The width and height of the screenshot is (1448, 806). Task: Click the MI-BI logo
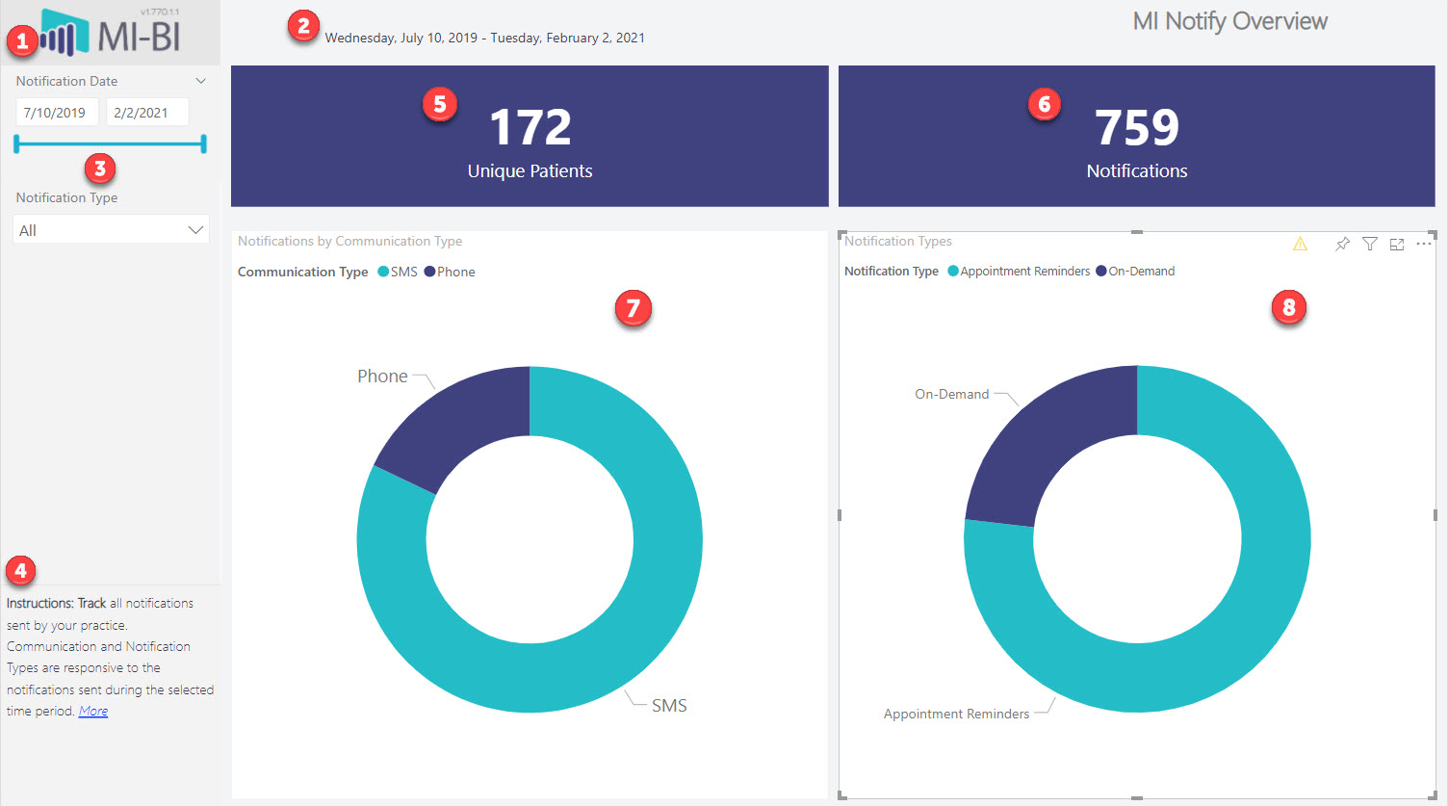(x=110, y=33)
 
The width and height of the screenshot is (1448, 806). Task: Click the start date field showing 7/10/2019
(x=57, y=113)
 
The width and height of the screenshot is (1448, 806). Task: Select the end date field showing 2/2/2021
(x=147, y=113)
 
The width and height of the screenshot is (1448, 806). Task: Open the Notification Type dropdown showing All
(x=111, y=229)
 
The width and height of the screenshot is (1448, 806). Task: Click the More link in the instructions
(x=93, y=711)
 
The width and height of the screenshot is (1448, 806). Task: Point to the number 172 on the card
(x=530, y=127)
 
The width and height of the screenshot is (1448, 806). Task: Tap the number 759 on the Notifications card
(x=1136, y=127)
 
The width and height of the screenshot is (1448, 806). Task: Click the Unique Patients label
(x=530, y=170)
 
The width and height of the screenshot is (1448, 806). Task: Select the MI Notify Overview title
(x=1230, y=21)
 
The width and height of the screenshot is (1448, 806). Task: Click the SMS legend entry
(x=398, y=272)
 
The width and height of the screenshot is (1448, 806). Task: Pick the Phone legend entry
(x=450, y=272)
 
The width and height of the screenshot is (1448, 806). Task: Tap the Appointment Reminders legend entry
(x=1019, y=271)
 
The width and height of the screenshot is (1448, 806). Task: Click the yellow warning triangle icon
(x=1300, y=244)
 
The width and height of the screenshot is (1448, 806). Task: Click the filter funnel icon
(x=1370, y=244)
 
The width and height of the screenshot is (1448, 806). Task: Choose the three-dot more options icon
(x=1423, y=244)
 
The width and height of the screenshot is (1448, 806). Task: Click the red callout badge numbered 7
(x=633, y=307)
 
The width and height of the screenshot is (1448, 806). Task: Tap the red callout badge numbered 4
(x=20, y=571)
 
